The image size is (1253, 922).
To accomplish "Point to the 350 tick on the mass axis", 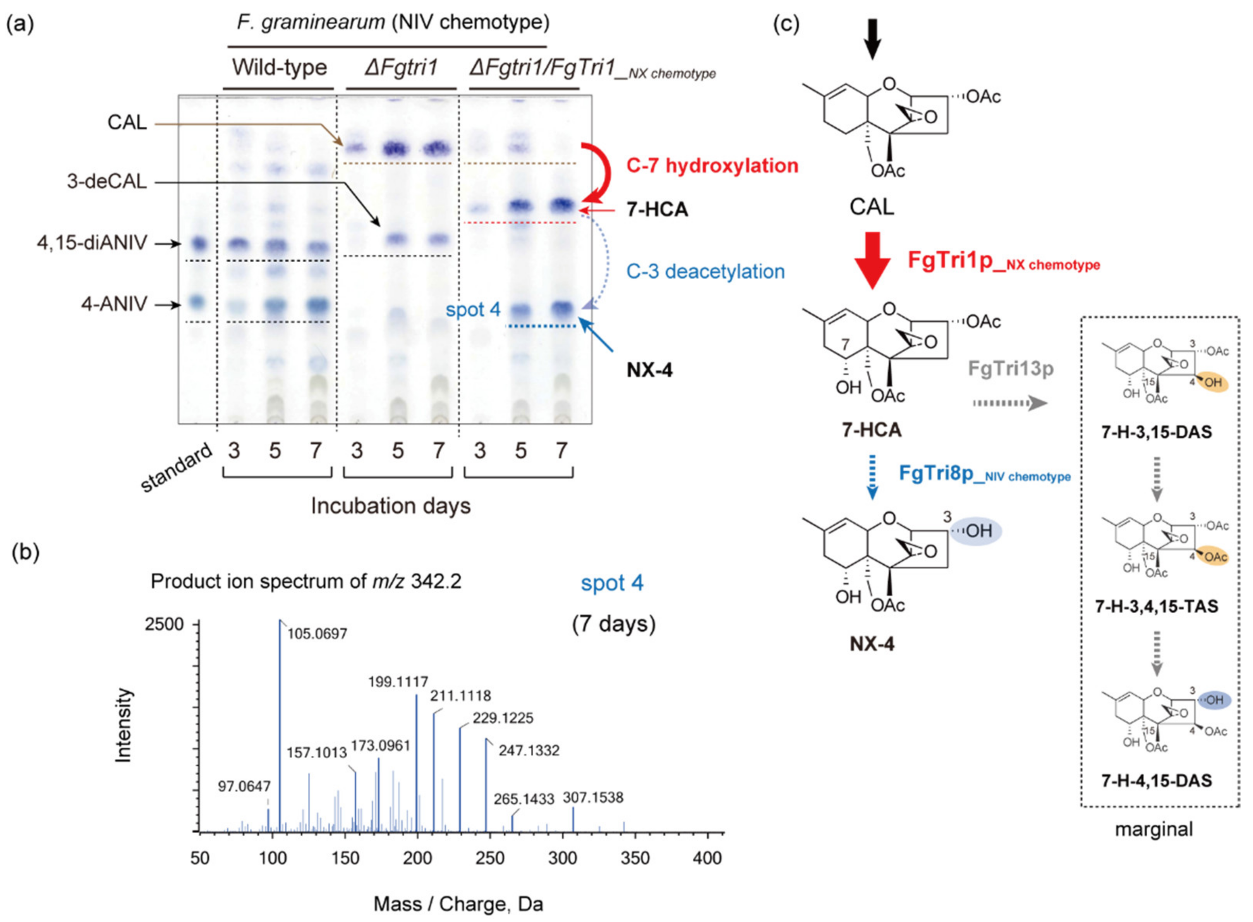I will [x=635, y=858].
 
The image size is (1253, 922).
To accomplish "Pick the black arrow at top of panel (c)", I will [x=872, y=39].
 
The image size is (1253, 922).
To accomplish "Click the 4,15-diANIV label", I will [x=92, y=243].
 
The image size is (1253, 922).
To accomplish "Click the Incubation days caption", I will [x=391, y=506].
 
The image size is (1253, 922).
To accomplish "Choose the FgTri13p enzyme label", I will [x=1010, y=369].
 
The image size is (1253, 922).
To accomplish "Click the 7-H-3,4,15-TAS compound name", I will [x=1157, y=606].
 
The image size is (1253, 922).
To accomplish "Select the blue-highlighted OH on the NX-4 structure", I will [x=977, y=530].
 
